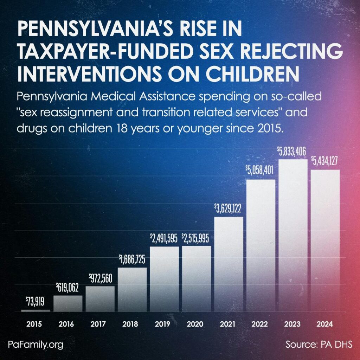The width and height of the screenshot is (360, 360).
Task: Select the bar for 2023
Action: pos(293,236)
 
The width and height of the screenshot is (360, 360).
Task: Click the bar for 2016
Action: pos(68,304)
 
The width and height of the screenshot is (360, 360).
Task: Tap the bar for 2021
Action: pos(229,264)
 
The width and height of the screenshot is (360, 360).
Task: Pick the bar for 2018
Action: pos(132,290)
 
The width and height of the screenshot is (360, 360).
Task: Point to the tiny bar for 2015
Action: pos(36,310)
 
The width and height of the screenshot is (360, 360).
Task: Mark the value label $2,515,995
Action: pos(196,239)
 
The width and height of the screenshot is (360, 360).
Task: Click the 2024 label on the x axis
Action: pos(325,324)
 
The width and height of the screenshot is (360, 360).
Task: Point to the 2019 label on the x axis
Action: pos(164,324)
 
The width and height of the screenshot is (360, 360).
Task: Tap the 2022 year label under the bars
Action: pos(261,324)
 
